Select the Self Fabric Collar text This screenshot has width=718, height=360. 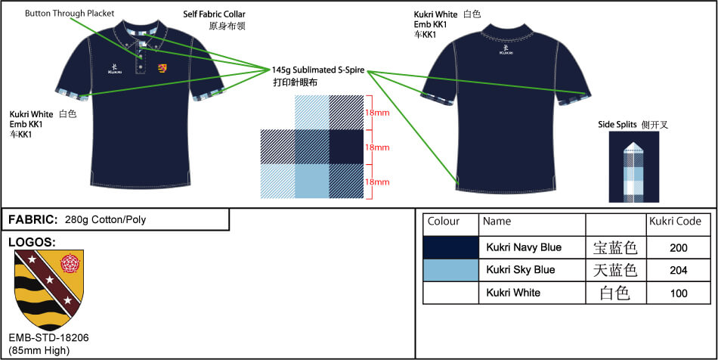[x=214, y=14]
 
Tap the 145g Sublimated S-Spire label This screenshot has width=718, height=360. [x=318, y=70]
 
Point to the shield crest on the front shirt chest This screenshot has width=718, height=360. [x=162, y=69]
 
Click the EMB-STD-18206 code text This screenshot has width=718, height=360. [x=48, y=338]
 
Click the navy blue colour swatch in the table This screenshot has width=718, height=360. [x=451, y=247]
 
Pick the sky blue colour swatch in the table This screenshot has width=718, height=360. [x=451, y=270]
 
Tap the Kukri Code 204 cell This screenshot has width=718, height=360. [x=679, y=270]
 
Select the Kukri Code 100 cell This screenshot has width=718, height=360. [x=679, y=292]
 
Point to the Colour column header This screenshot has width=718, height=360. [x=444, y=222]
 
